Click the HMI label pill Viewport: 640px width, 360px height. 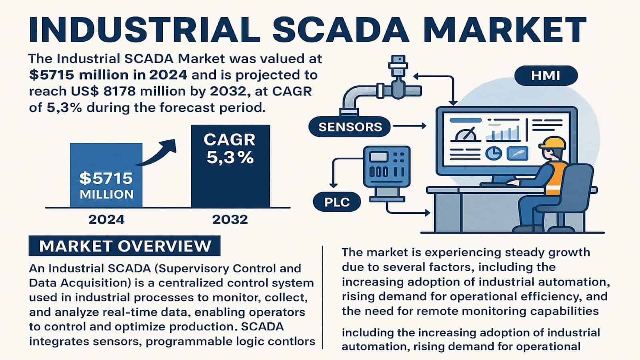click(x=546, y=76)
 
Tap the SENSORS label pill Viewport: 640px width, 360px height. click(x=350, y=126)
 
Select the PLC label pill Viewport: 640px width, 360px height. click(x=337, y=202)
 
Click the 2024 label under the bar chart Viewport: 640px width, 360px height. click(x=106, y=220)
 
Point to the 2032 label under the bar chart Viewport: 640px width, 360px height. click(x=230, y=220)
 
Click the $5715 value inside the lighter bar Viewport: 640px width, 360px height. click(x=106, y=178)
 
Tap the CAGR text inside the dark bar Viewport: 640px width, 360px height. click(x=230, y=140)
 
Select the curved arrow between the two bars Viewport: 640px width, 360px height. click(x=156, y=153)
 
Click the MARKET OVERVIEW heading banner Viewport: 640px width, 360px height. click(x=124, y=246)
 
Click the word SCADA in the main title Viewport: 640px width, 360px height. click(x=341, y=30)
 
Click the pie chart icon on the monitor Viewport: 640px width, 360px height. click(x=494, y=153)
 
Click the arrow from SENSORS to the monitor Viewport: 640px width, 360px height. click(x=410, y=126)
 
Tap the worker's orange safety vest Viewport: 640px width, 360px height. click(x=555, y=178)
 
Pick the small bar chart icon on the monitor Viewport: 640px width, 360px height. click(x=503, y=134)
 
